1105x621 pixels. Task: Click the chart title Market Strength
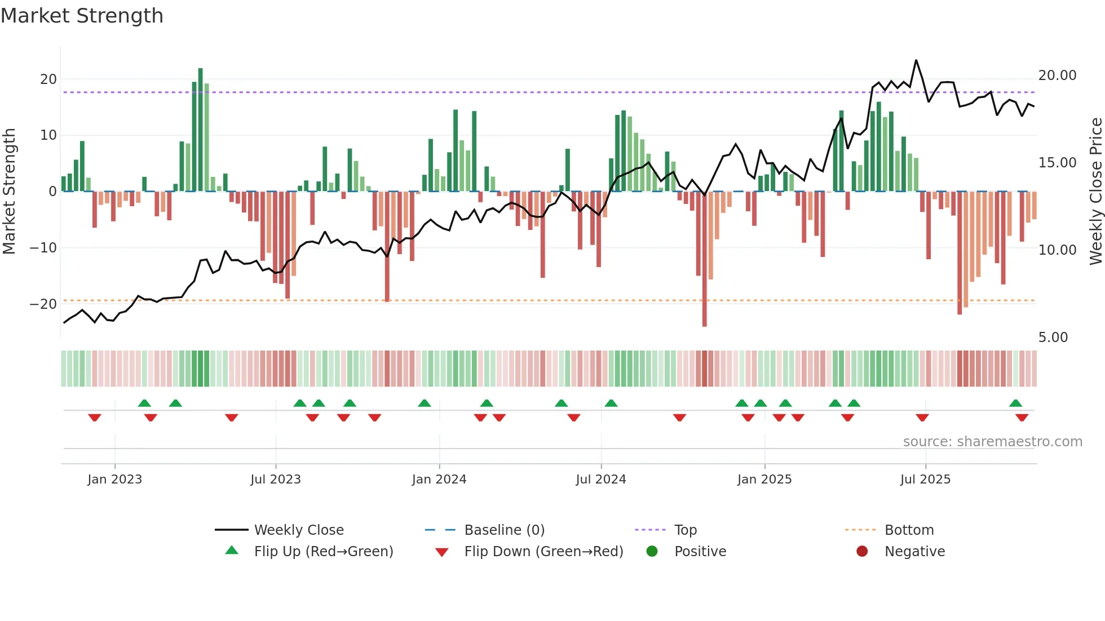[x=82, y=16]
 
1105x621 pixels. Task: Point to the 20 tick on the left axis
[x=48, y=79]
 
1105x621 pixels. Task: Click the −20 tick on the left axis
[x=43, y=304]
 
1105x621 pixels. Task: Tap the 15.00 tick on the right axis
[x=1057, y=163]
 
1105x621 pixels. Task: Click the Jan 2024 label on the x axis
[x=439, y=480]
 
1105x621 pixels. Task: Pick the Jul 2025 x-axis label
[x=925, y=480]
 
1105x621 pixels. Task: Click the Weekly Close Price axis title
[x=1095, y=192]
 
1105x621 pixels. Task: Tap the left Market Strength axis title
[x=10, y=192]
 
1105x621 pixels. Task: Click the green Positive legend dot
[x=652, y=552]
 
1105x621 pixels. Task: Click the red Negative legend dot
[x=862, y=552]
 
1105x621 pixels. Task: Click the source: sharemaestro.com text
[x=992, y=442]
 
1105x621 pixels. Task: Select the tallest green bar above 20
[x=201, y=130]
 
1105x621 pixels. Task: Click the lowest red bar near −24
[x=705, y=259]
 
